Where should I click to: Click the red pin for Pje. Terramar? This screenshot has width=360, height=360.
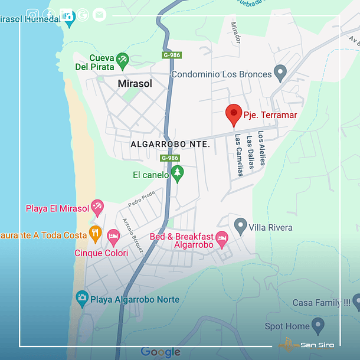234,114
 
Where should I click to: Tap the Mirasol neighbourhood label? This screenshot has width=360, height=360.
135,84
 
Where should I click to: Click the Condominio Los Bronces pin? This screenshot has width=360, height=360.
280,73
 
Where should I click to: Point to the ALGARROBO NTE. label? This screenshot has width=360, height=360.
170,144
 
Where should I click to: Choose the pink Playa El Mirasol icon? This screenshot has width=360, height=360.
97,207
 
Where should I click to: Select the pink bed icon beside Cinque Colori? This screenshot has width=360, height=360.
113,238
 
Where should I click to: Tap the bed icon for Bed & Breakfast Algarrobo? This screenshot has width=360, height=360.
221,239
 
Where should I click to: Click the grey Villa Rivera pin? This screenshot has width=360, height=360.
240,225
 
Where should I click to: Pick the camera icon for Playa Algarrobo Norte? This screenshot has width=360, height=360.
81,298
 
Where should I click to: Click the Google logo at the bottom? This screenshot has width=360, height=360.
161,352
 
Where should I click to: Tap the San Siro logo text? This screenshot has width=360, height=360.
317,345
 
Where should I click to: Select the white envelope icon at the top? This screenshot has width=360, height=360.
99,15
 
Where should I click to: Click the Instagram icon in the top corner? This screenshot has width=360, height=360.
33,15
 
